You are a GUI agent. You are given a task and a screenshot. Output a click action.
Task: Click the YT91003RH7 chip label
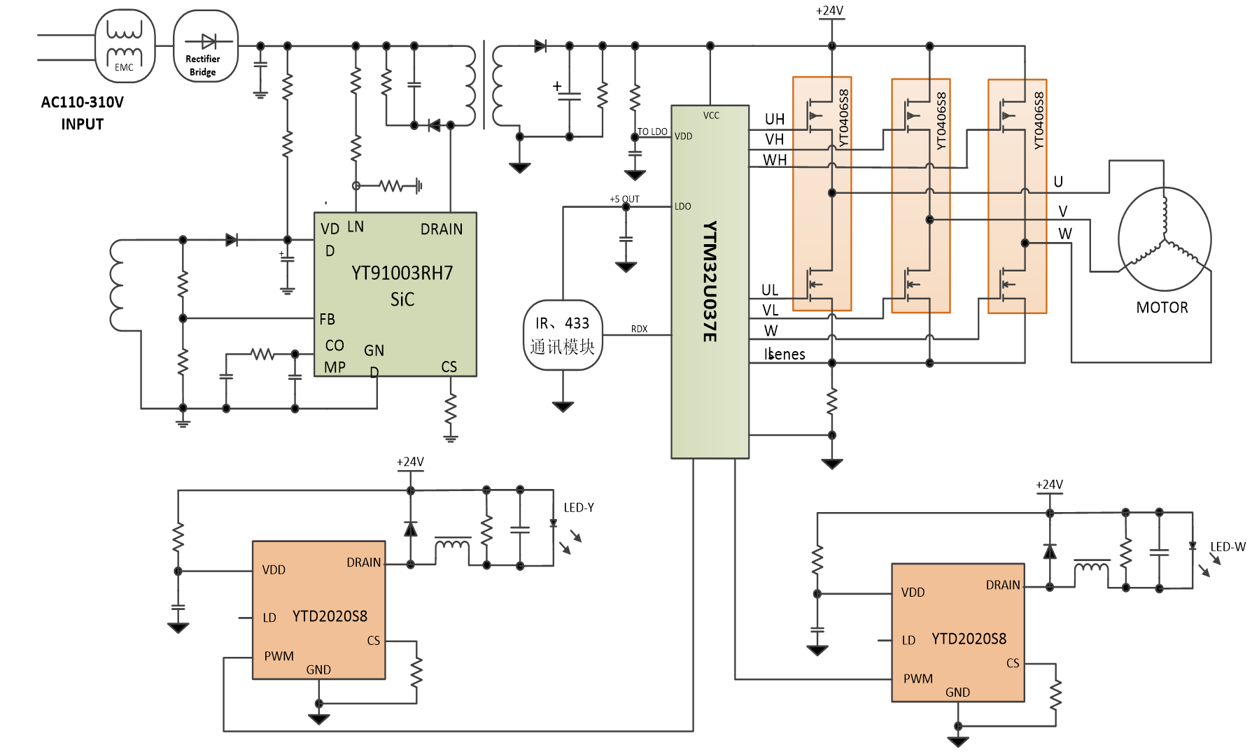[x=402, y=273]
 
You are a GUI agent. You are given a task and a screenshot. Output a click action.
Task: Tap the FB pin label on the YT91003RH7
[x=327, y=319]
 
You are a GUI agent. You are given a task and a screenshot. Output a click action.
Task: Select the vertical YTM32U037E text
[x=710, y=282]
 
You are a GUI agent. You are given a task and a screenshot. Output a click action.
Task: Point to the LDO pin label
[x=682, y=206]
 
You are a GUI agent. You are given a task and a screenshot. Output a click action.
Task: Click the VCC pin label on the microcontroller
[x=711, y=115]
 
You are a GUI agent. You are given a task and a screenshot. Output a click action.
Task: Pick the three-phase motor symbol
[x=1164, y=239]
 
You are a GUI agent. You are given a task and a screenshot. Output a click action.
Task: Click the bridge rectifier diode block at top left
[x=206, y=44]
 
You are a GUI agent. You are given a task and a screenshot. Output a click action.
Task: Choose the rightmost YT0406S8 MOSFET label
[x=1039, y=120]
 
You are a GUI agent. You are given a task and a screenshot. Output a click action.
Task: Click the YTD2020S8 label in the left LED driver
[x=330, y=616]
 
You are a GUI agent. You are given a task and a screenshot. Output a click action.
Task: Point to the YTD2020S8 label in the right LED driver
[x=969, y=639]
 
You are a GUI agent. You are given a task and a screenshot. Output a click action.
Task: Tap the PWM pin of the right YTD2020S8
[x=917, y=679]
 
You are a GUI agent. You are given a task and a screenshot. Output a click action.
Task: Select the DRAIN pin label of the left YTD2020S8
[x=363, y=562]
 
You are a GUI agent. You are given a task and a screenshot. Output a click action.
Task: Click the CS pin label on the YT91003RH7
[x=449, y=367]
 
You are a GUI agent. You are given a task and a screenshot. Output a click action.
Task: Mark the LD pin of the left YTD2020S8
[x=269, y=618]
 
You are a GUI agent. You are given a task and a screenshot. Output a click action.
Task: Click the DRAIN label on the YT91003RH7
[x=441, y=229]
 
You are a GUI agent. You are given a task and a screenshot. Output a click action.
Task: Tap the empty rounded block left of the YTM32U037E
[x=563, y=335]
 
